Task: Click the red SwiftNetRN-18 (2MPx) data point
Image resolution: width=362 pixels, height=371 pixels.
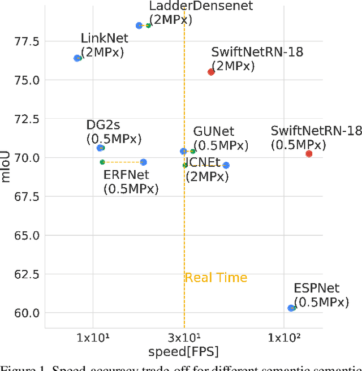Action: pos(211,72)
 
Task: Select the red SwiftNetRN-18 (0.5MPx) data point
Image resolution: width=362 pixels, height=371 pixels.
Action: pos(309,154)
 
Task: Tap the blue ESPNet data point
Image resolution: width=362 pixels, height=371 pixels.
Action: pos(291,308)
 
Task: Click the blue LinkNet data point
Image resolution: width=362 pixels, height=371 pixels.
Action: pos(77,58)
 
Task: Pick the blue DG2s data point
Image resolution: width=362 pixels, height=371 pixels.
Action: pos(101,148)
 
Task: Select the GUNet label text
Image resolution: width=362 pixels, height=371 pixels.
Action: pos(213,132)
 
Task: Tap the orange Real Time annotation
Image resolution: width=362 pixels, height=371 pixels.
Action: pos(216,278)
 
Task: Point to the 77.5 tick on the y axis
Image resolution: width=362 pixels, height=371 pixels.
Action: pos(27,41)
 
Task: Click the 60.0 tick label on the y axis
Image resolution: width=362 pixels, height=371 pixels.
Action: pos(27,313)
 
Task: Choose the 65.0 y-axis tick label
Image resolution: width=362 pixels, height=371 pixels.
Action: pos(27,235)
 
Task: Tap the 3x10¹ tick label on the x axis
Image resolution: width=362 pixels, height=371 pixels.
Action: pos(183,338)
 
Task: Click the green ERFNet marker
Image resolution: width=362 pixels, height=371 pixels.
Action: pos(102,162)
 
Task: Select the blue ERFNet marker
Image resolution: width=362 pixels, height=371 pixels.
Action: pos(143,162)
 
